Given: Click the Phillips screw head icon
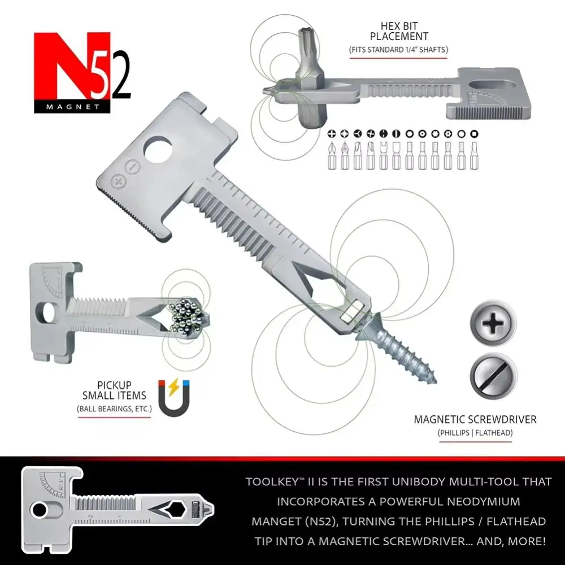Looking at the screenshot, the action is pyautogui.click(x=493, y=323).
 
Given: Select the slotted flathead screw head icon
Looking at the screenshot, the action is pyautogui.click(x=493, y=376).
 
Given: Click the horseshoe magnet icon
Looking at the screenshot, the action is pyautogui.click(x=174, y=398).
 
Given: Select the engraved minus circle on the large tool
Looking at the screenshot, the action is pyautogui.click(x=132, y=167).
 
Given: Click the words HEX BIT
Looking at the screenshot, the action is pyautogui.click(x=399, y=27).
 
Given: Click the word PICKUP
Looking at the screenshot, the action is pyautogui.click(x=114, y=385).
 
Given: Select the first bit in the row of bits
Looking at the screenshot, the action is pyautogui.click(x=332, y=155).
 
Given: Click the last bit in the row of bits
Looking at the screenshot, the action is pyautogui.click(x=474, y=155).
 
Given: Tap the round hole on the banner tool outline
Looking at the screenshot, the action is pyautogui.click(x=39, y=510).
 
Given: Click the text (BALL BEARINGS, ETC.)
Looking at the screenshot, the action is pyautogui.click(x=114, y=409).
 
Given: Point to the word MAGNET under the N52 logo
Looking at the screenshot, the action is pyautogui.click(x=72, y=107).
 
